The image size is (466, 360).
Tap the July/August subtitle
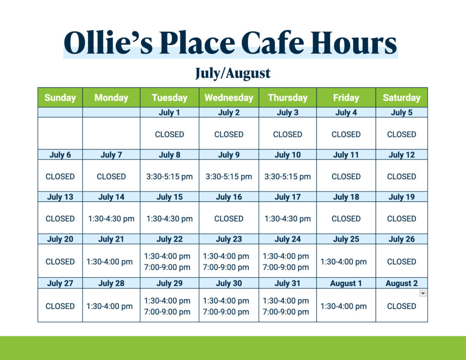233,73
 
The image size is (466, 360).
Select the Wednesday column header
229,97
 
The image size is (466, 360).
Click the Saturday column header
401,97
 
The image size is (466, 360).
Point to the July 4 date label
346,112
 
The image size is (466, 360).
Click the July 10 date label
288,155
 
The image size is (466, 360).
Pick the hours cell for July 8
169,177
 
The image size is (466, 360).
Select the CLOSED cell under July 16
229,219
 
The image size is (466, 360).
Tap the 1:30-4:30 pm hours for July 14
111,219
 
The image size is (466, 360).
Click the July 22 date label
169,239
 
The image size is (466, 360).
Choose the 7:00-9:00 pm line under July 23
226,267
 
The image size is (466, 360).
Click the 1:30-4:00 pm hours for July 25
343,262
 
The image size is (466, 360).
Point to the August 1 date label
346,283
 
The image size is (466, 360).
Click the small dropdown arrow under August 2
423,294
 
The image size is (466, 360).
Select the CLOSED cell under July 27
60,306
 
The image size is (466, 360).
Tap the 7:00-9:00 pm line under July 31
286,312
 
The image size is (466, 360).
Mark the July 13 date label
60,197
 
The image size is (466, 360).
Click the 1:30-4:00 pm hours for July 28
109,306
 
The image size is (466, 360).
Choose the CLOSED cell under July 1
169,134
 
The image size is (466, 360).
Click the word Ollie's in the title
108,43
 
